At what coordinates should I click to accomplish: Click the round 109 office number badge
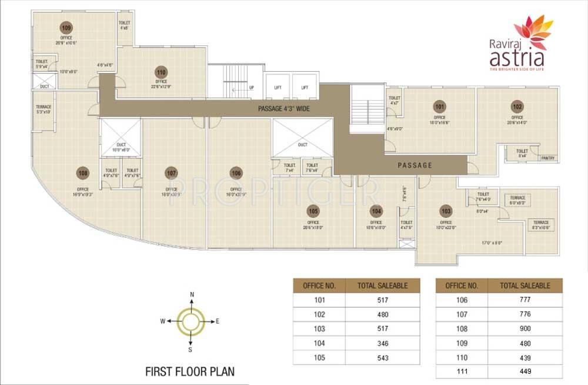[x=66, y=28]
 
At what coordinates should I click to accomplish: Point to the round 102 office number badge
[x=517, y=107]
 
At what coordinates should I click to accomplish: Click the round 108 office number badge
[x=82, y=173]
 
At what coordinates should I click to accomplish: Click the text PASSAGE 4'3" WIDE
[x=284, y=109]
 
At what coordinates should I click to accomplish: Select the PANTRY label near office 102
[x=548, y=158]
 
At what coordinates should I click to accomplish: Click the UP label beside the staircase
[x=252, y=88]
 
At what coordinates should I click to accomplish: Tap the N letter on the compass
[x=192, y=294]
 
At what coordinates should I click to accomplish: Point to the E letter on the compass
[x=218, y=321]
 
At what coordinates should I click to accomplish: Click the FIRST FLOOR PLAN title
[x=189, y=371]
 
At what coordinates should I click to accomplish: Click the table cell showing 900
[x=525, y=329]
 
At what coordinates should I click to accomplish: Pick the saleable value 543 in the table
[x=383, y=358]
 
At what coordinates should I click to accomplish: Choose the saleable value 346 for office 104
[x=383, y=343]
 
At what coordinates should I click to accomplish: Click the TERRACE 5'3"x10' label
[x=44, y=109]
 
